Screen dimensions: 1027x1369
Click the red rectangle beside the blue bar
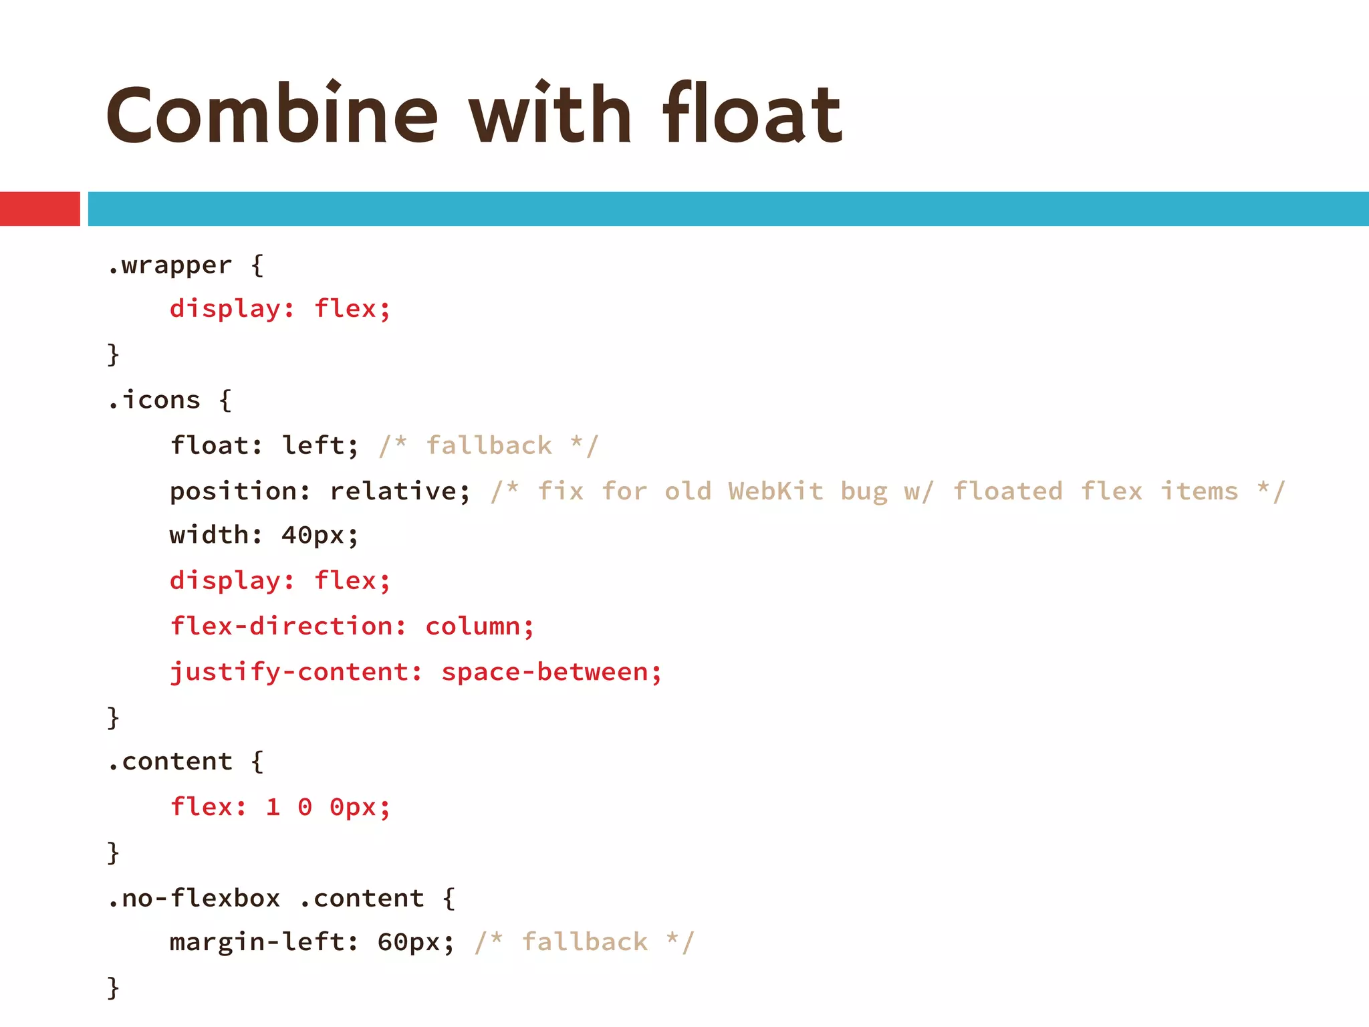coord(39,209)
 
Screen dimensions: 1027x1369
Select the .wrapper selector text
coord(170,265)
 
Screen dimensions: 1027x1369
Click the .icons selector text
coord(154,400)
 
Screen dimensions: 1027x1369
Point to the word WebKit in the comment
coord(775,491)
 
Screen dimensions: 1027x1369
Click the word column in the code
coord(473,626)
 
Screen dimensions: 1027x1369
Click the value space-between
coord(545,672)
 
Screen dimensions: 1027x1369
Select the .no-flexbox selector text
coord(194,898)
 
